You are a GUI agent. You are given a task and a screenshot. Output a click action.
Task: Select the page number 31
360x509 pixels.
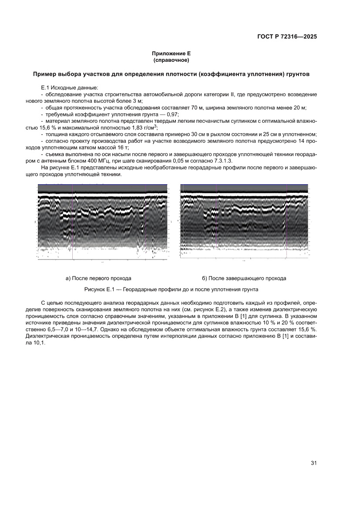(313, 462)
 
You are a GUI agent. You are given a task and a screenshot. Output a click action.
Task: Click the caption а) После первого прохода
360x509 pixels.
(98, 278)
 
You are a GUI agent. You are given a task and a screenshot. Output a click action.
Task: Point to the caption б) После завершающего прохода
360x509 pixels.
(244, 278)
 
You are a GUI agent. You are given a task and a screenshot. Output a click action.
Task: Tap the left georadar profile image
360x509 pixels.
(102, 222)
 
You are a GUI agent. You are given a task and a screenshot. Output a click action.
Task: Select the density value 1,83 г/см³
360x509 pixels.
(142, 128)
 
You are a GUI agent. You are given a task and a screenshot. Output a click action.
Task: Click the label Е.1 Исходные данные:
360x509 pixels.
(63, 88)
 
